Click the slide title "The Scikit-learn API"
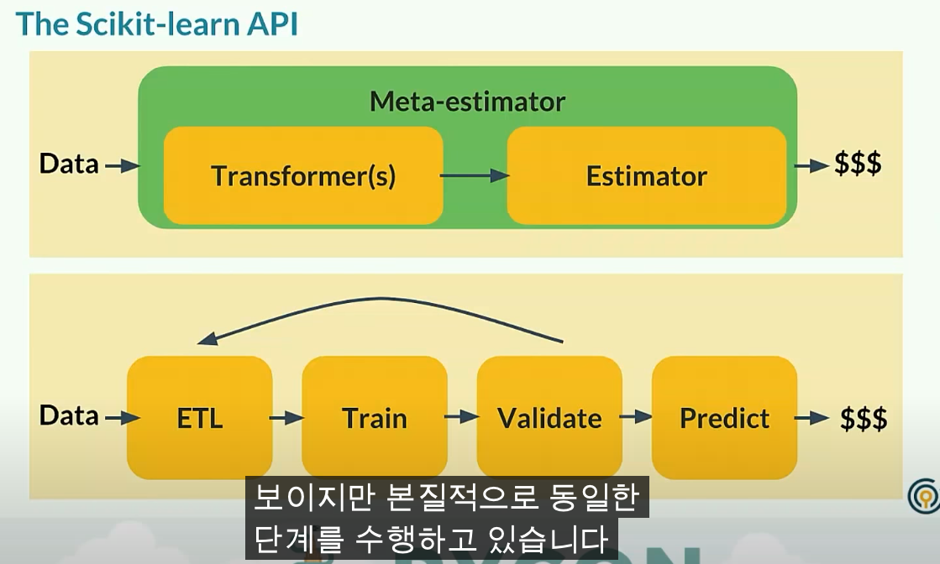(x=157, y=24)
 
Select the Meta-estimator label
(x=467, y=102)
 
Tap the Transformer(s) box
(x=303, y=176)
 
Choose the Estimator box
(x=647, y=176)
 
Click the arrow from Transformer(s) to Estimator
(x=475, y=175)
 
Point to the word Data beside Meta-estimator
(x=69, y=164)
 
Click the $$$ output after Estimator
(x=858, y=164)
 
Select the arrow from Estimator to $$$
(x=811, y=165)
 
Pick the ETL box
(x=200, y=418)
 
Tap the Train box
(x=375, y=418)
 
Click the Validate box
(x=549, y=418)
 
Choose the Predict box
(x=724, y=418)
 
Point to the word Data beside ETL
(x=69, y=415)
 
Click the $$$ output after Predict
(x=864, y=418)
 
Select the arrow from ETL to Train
(x=286, y=416)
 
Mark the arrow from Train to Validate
(x=461, y=416)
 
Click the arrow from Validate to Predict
(x=637, y=416)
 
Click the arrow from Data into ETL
(x=121, y=416)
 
